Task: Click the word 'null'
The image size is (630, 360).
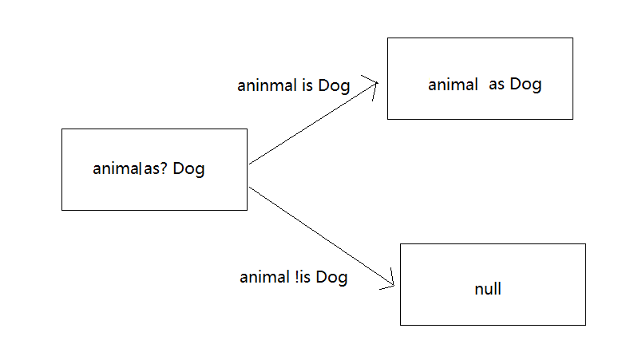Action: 488,289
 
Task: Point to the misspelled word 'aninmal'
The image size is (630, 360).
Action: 267,85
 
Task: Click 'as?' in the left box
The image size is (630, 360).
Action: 156,168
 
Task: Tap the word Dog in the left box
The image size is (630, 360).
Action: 188,169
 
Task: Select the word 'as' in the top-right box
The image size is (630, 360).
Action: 497,85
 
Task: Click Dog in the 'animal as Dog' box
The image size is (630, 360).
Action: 525,85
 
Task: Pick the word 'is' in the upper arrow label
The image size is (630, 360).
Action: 307,85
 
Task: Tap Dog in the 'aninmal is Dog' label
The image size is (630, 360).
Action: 334,86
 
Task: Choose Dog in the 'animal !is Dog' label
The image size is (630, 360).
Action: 331,278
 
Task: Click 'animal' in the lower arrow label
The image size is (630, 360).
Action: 265,277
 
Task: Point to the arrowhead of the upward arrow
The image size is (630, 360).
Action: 378,83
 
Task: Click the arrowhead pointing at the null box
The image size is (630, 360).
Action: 394,285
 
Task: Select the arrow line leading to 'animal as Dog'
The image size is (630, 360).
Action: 313,124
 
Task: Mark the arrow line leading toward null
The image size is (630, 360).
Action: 322,236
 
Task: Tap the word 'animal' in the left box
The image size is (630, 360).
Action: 117,168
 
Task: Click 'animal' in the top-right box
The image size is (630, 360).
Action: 453,85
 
